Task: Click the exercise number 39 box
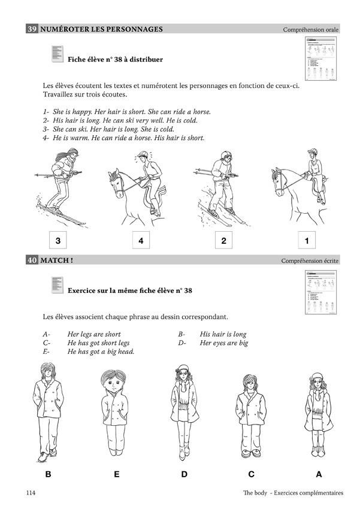pos(32,29)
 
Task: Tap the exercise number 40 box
pos(32,260)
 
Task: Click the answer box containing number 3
pos(58,241)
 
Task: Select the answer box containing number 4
pos(141,241)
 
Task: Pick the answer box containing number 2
pos(223,241)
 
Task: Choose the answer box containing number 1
pos(307,241)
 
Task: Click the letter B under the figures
pos(48,474)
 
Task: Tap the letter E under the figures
pos(116,474)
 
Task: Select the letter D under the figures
pos(184,474)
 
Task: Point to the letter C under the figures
pos(252,474)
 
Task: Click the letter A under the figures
pos(319,474)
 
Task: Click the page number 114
pos(32,493)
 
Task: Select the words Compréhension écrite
pos(310,261)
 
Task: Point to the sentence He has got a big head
pos(101,352)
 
